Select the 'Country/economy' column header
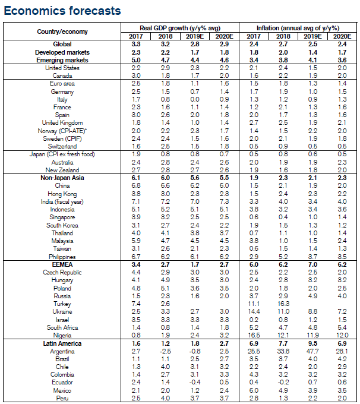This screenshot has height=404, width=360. pos(62,31)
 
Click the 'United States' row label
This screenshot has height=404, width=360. pos(62,68)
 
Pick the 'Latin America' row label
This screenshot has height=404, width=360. pos(62,344)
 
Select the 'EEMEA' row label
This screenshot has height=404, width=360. pos(62,263)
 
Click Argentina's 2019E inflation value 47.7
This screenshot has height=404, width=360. pos(313,352)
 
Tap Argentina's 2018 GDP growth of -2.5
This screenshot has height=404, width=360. pos(165,352)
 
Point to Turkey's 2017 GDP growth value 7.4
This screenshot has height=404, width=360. pos(135,304)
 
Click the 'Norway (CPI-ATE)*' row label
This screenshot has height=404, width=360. pos(62,130)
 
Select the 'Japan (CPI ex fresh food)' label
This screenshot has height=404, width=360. pos(62,154)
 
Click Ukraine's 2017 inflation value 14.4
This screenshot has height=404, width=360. pos(254,312)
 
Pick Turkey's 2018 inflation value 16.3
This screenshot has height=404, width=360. pos(283,304)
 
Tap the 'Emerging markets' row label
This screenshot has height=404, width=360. pos(62,60)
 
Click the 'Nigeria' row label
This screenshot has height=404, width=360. pos(62,336)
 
